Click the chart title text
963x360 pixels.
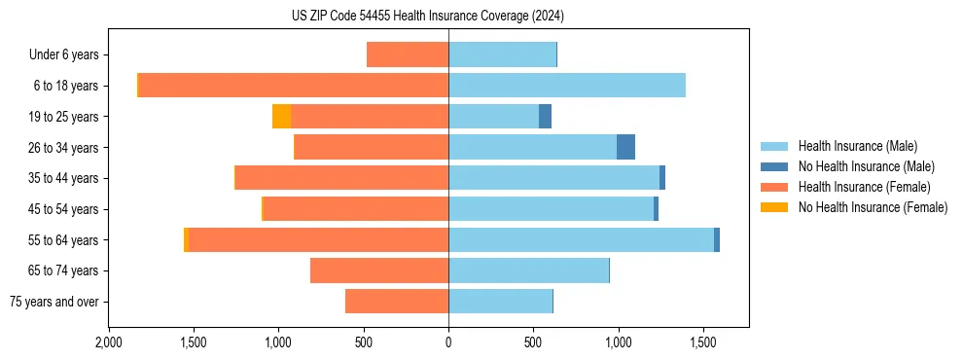coord(427,16)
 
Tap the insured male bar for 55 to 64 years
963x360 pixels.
coord(581,239)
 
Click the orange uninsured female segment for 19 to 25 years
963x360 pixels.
coord(281,117)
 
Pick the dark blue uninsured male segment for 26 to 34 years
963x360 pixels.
coord(625,147)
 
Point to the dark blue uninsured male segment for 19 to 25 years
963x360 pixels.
coord(545,117)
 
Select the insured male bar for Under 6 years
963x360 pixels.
coord(502,54)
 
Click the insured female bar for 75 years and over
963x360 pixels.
coord(397,302)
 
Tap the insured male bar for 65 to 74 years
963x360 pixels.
coord(528,270)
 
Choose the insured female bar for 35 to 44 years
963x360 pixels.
coord(342,178)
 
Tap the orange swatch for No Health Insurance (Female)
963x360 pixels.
coord(774,207)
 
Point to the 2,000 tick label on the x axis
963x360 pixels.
coord(109,342)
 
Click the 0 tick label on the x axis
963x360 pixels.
coord(448,342)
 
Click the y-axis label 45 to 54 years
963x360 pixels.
coord(65,209)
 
